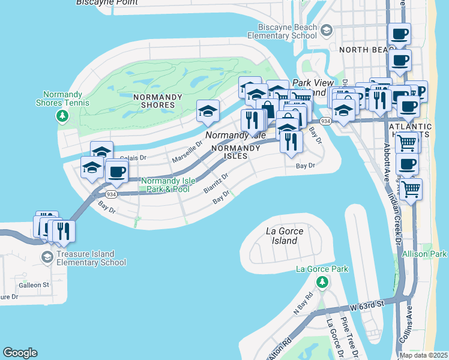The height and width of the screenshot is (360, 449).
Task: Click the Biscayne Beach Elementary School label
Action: [287, 31]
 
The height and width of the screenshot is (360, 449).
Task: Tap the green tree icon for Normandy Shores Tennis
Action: [61, 115]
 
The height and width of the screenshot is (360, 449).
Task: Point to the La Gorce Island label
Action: [284, 236]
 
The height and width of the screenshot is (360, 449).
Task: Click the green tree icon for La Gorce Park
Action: [322, 281]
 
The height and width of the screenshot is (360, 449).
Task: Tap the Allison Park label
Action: [424, 254]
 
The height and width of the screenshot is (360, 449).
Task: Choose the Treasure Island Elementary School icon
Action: [47, 257]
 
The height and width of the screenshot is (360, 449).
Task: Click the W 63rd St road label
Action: [367, 307]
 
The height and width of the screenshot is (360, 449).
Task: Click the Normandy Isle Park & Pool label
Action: [165, 185]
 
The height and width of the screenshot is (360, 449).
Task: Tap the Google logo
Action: [20, 353]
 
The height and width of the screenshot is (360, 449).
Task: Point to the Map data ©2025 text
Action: [423, 355]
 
